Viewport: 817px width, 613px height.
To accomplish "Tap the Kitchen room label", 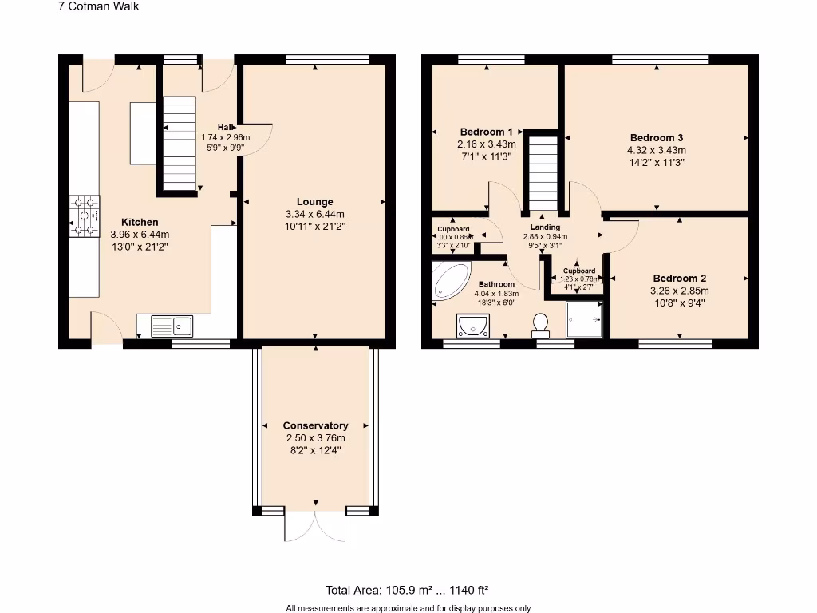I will click(140, 222).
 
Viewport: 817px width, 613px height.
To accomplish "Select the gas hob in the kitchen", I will click(85, 216).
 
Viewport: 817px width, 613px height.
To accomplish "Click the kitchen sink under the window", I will click(172, 326).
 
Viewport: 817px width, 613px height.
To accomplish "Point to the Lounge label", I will click(314, 202).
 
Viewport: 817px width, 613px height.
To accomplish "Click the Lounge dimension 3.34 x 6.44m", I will click(314, 214).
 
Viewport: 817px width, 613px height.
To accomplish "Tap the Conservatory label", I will click(315, 425).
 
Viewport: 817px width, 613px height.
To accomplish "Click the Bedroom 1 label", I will click(486, 132).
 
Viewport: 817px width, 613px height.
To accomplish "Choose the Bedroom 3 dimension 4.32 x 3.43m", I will click(657, 149).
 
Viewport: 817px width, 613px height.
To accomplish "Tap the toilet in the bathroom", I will click(540, 323).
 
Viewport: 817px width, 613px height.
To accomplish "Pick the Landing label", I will click(546, 227).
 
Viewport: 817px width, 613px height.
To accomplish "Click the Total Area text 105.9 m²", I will click(406, 591).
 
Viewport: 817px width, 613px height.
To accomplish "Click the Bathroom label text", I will click(496, 284).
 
